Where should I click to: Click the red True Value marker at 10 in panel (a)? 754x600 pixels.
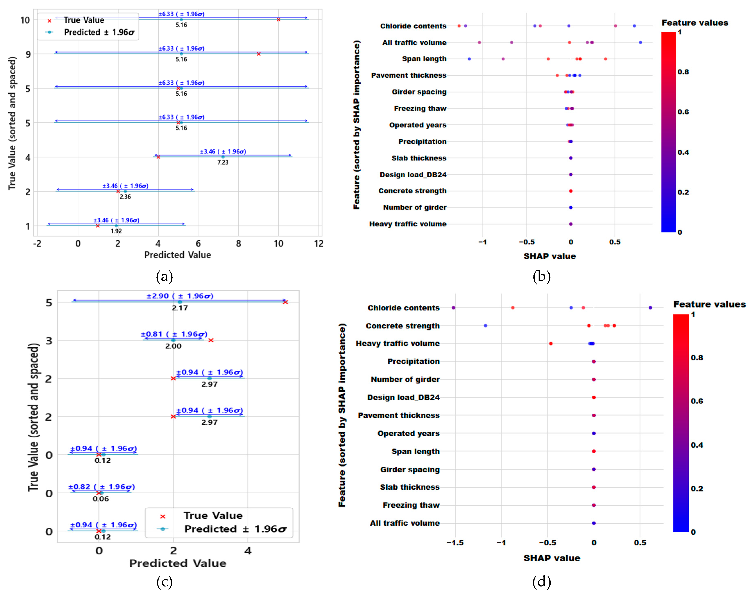(278, 20)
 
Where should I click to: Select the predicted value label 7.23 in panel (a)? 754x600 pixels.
(223, 162)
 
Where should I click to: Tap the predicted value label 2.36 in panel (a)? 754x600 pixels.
(125, 197)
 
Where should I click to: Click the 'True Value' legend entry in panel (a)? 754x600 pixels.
(84, 20)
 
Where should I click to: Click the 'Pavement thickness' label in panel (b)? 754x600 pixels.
(409, 75)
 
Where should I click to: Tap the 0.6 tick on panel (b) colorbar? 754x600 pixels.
(683, 112)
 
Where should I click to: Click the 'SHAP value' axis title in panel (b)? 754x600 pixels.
(549, 256)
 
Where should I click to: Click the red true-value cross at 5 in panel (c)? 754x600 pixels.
(285, 302)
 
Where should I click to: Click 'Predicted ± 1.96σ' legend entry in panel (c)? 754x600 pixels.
(235, 529)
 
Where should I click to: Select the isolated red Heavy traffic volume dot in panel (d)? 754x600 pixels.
(551, 343)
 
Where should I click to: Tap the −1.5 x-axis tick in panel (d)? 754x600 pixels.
(455, 543)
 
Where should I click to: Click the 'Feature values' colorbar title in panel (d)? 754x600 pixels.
(709, 304)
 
